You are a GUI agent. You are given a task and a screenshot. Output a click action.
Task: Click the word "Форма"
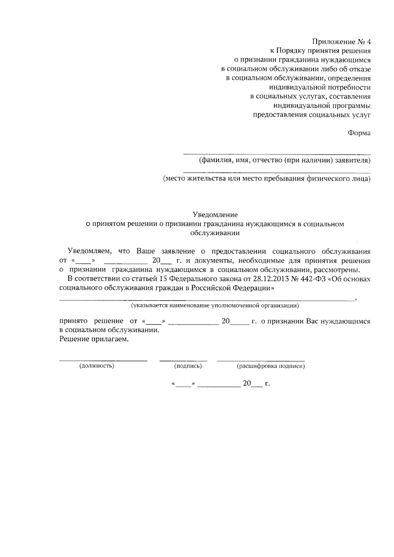359,133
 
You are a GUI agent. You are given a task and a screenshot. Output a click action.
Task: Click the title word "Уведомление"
215,215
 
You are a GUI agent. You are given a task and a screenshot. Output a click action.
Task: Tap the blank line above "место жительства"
277,172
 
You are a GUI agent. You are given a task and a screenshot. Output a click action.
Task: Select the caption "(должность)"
97,366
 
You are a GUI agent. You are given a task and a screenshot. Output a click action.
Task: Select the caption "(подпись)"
188,366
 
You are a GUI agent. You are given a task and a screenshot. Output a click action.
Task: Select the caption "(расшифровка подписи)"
271,366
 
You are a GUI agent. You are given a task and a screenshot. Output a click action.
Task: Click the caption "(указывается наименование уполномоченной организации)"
215,306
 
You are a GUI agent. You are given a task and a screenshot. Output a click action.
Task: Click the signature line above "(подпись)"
183,360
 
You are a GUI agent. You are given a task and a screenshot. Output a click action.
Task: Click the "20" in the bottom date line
247,383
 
